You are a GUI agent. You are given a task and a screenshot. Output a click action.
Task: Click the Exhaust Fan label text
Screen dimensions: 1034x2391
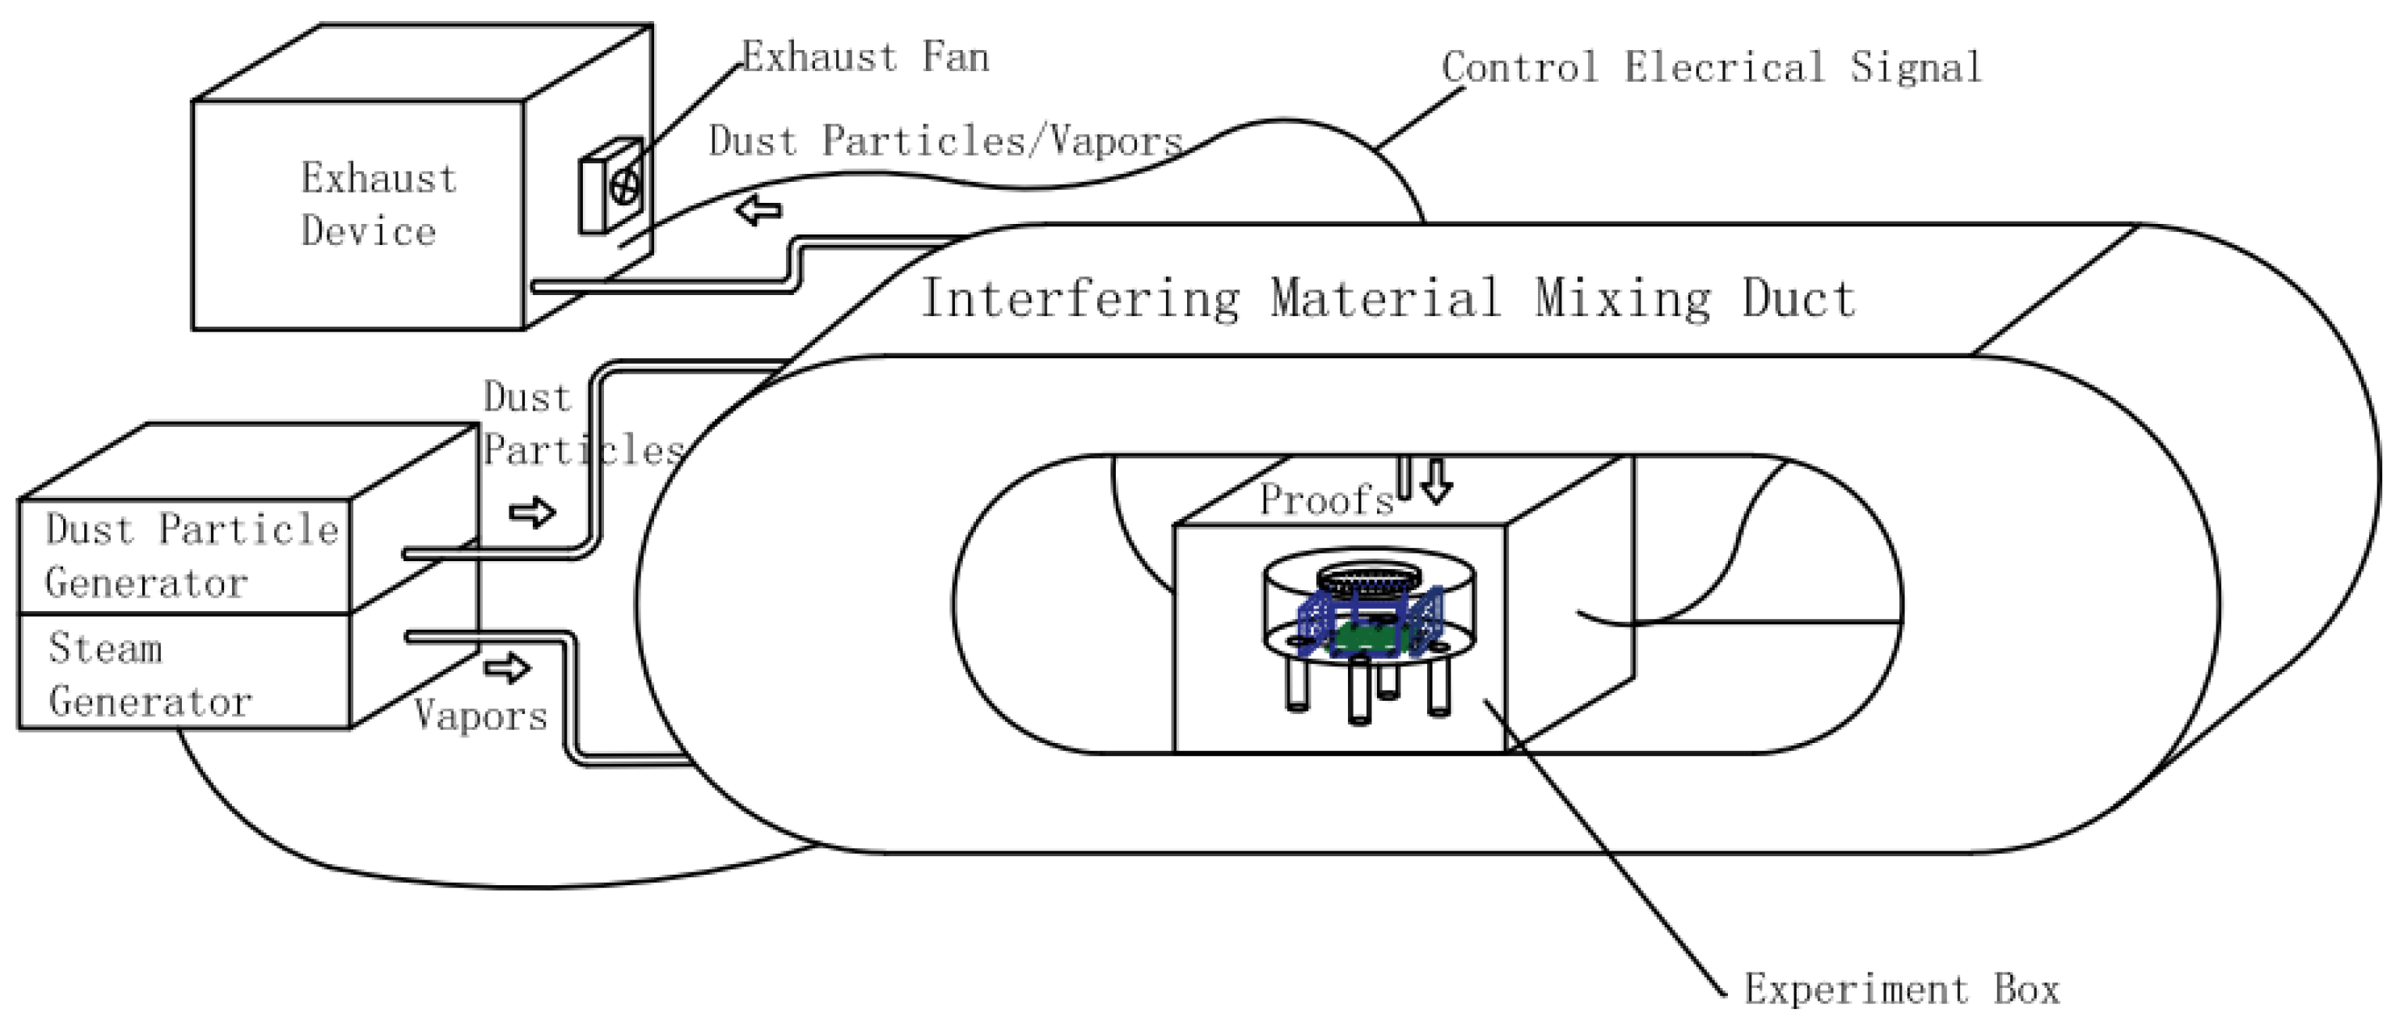[x=865, y=57]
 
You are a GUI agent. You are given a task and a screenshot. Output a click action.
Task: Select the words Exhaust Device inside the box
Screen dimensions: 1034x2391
[x=378, y=205]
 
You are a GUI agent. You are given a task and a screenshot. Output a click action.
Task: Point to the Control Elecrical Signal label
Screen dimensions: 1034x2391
[x=1711, y=68]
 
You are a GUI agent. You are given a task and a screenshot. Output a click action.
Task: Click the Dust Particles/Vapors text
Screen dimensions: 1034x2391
[x=945, y=141]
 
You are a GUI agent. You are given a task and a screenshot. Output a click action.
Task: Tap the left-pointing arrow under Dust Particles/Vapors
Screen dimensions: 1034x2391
[x=758, y=211]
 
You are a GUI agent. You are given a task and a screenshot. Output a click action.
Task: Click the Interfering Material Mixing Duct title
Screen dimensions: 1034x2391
[x=1388, y=299]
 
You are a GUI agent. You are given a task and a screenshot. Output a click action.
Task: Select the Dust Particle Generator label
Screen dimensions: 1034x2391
[x=190, y=555]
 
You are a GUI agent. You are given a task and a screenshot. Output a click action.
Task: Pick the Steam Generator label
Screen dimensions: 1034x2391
[x=149, y=675]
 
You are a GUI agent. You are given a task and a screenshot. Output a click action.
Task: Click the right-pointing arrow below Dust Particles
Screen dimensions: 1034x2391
[x=532, y=513]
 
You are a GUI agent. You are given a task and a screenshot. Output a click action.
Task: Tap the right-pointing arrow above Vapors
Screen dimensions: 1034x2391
[x=507, y=667]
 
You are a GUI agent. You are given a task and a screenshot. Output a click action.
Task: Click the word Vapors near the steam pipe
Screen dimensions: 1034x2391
[x=479, y=715]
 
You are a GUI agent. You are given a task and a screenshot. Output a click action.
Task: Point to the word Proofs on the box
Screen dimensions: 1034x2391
[x=1325, y=500]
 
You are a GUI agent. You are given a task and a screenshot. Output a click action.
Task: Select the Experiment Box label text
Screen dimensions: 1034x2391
[x=1901, y=990]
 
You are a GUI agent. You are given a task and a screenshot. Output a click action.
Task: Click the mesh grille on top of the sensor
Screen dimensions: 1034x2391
[x=1369, y=582]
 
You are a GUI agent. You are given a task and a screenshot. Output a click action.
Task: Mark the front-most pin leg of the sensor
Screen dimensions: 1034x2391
[x=1359, y=691]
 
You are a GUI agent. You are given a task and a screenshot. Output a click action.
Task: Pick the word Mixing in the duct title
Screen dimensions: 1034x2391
[x=1623, y=299]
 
